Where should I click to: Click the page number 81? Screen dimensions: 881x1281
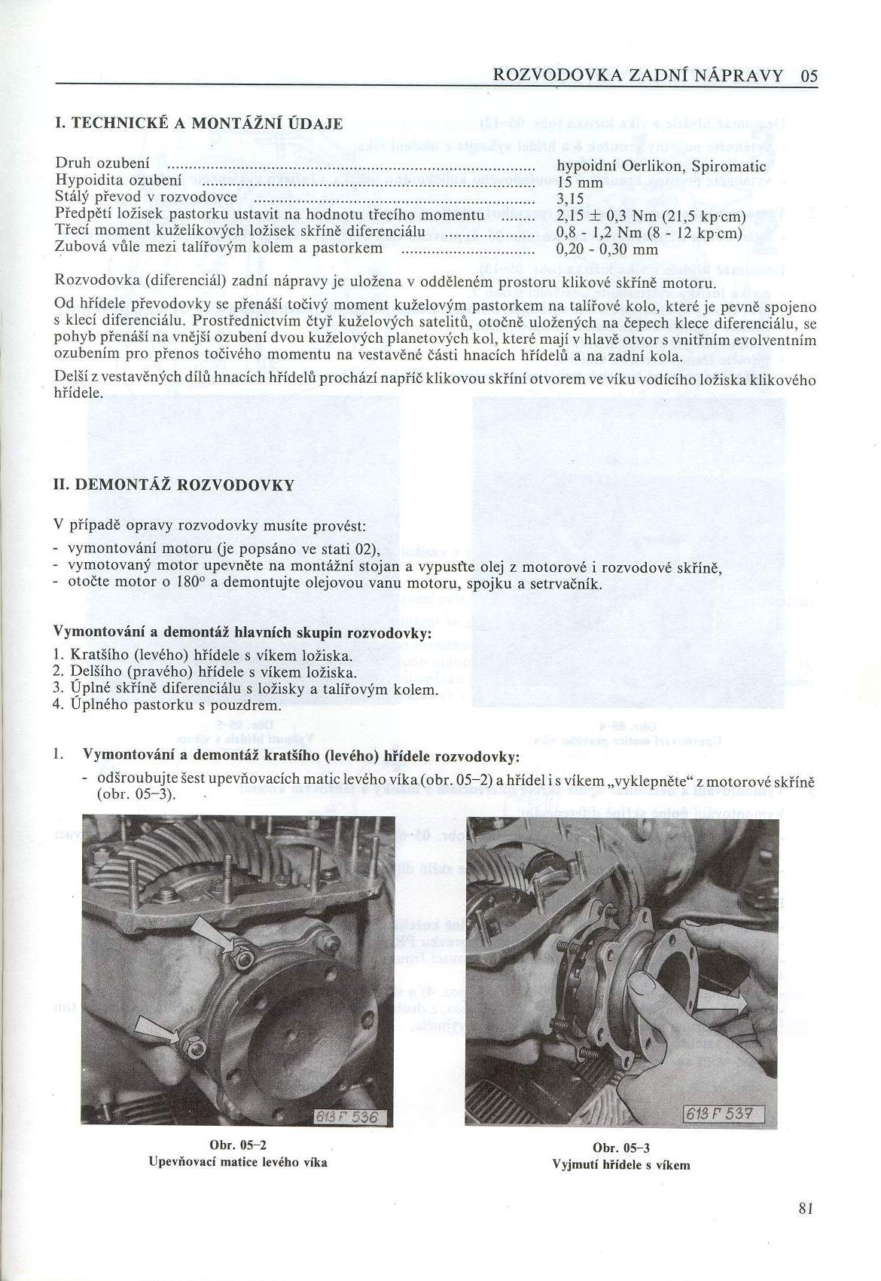click(806, 1209)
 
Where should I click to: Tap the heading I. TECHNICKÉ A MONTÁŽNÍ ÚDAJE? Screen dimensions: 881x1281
click(198, 123)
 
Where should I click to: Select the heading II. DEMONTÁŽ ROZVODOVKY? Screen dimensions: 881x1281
click(174, 485)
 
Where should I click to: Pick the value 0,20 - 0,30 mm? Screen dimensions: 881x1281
click(607, 249)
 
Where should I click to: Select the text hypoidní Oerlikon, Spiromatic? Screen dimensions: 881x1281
click(660, 167)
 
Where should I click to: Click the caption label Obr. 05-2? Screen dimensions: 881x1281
click(238, 1143)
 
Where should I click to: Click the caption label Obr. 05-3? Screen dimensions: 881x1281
click(621, 1147)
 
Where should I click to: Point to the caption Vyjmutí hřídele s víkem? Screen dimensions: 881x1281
click(621, 1163)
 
